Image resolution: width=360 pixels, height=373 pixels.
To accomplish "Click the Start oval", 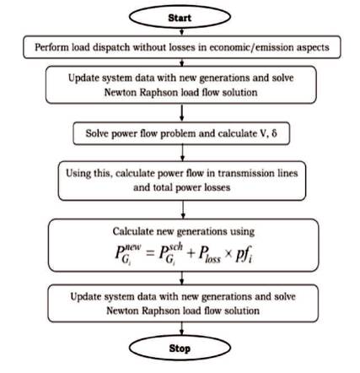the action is pyautogui.click(x=180, y=17).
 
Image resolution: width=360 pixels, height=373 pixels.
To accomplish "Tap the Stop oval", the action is pyautogui.click(x=180, y=348).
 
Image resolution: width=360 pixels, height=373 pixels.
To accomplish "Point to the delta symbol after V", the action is pyautogui.click(x=274, y=133).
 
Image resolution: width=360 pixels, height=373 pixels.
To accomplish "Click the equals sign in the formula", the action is pyautogui.click(x=150, y=253).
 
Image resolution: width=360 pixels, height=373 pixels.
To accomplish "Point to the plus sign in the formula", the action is pyautogui.click(x=191, y=253).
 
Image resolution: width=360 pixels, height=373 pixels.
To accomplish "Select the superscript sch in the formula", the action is pyautogui.click(x=175, y=246).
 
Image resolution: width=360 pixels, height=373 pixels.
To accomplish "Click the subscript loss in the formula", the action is pyautogui.click(x=212, y=259).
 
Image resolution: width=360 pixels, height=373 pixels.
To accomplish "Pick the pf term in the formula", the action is pyautogui.click(x=244, y=254).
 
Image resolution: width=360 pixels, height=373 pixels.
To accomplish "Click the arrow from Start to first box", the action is pyautogui.click(x=181, y=32).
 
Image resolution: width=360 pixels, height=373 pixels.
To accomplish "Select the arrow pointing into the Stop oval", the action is pyautogui.click(x=181, y=328).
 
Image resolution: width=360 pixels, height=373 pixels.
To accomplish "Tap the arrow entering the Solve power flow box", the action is pyautogui.click(x=182, y=113).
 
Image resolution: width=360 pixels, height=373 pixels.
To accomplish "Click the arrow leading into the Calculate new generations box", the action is pyautogui.click(x=183, y=209).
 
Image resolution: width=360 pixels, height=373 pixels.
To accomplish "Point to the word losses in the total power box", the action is pyautogui.click(x=216, y=187).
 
